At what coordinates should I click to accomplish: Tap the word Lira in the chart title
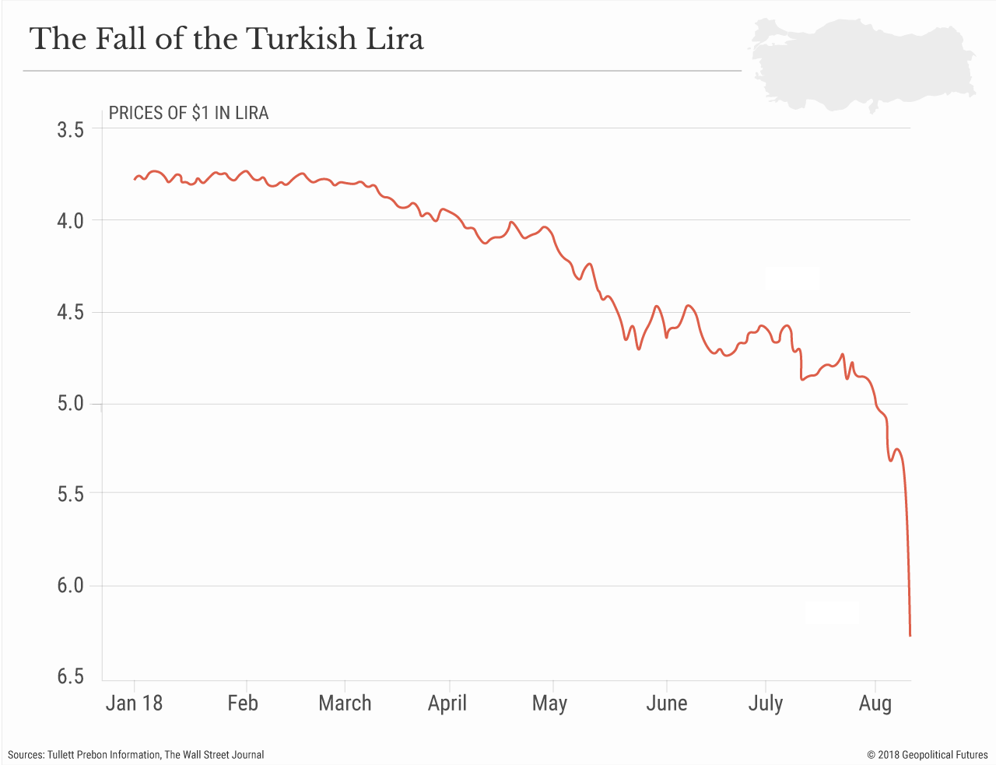tap(395, 39)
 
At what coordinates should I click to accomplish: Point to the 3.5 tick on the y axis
tap(70, 130)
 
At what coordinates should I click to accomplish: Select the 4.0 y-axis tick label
tap(70, 221)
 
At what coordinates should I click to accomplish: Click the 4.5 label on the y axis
tap(70, 313)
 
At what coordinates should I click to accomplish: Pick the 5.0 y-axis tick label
tap(70, 404)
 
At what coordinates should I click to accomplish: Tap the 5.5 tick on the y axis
tap(70, 493)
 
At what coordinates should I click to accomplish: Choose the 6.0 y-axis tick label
tap(70, 585)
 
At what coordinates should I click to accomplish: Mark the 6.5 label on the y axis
tap(70, 676)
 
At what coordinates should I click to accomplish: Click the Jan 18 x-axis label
tap(134, 704)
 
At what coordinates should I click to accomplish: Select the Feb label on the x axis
tap(243, 704)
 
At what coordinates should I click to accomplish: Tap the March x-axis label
tap(345, 704)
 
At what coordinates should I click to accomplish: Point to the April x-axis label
tap(447, 704)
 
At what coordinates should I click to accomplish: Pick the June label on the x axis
tap(667, 704)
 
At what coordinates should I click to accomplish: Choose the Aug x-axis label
tap(875, 704)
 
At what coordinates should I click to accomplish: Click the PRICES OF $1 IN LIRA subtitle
tap(188, 114)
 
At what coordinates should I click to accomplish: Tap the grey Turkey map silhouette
tap(860, 62)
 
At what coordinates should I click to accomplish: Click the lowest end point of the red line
tap(910, 636)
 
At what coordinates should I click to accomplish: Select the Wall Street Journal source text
tap(214, 755)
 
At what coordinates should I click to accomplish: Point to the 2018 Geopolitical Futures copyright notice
tap(927, 755)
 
